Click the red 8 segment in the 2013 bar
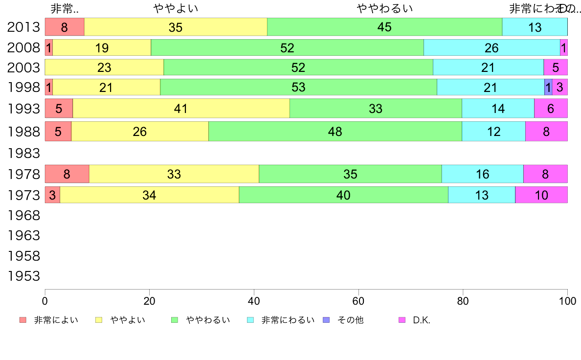(65, 27)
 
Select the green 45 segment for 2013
(384, 27)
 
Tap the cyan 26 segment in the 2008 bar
(492, 48)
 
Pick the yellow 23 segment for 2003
(104, 67)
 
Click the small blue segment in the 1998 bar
(548, 87)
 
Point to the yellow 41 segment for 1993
(181, 109)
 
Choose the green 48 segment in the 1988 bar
(335, 132)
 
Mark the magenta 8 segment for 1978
(545, 174)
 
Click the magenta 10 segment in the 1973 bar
(541, 195)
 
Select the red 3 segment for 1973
(52, 195)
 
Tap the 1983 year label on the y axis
(23, 154)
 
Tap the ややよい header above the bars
(176, 8)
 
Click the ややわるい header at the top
(385, 8)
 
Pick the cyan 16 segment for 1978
(482, 174)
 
